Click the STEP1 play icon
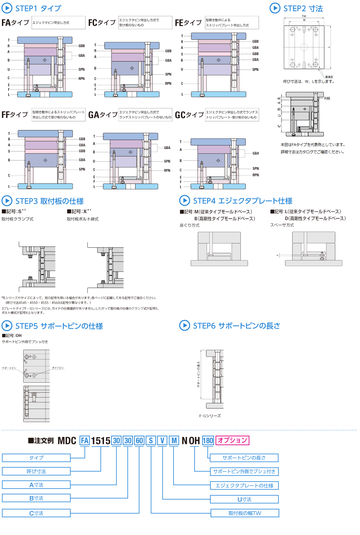[x=7, y=8]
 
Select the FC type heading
[x=102, y=23]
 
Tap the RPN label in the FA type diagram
[x=81, y=79]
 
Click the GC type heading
[x=189, y=115]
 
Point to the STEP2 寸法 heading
[x=303, y=8]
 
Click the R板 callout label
[x=327, y=98]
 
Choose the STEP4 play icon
[x=184, y=201]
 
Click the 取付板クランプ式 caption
[x=17, y=219]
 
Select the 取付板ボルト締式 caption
[x=83, y=219]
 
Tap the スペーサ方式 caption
[x=282, y=225]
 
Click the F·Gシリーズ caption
[x=210, y=416]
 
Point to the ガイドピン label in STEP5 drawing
[x=58, y=368]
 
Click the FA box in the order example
[x=85, y=441]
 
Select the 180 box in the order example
[x=208, y=441]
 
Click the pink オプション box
[x=232, y=440]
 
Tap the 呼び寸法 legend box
[x=36, y=471]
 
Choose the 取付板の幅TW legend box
[x=245, y=513]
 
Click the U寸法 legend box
[x=244, y=499]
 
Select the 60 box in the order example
[x=139, y=441]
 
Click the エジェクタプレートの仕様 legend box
[x=244, y=485]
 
